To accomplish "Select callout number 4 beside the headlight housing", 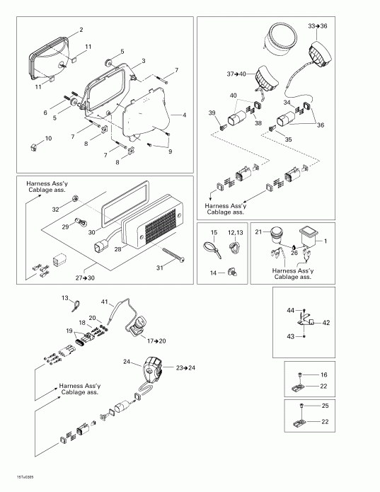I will [x=184, y=115].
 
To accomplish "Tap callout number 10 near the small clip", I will [x=49, y=138].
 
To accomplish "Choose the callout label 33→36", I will [x=318, y=25].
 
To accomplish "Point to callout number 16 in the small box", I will [x=324, y=374].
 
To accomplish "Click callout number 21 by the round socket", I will [x=258, y=231].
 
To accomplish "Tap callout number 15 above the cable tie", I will [x=213, y=232].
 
